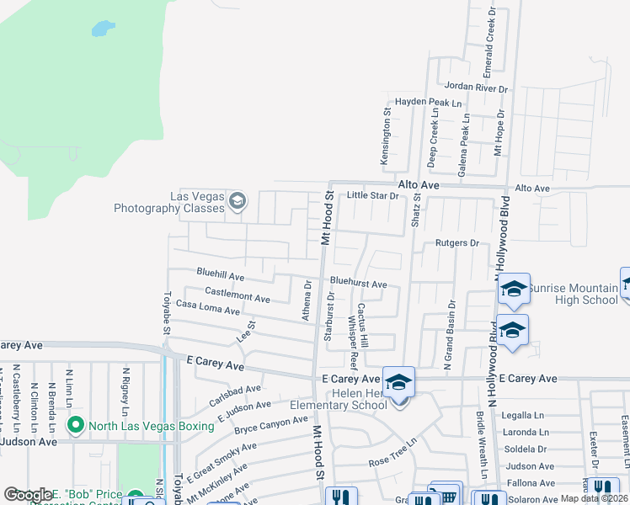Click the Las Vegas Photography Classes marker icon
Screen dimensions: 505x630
(238, 200)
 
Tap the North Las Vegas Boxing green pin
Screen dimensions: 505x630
(75, 425)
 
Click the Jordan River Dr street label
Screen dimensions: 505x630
(477, 87)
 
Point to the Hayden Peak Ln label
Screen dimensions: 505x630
(429, 102)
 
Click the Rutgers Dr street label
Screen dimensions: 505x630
(456, 243)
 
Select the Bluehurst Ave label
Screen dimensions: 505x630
(358, 284)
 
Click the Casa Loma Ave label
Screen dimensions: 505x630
(208, 309)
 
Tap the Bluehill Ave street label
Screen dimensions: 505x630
(220, 275)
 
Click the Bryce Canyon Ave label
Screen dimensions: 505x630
(270, 424)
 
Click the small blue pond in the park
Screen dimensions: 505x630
(102, 29)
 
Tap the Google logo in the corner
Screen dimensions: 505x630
(28, 495)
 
